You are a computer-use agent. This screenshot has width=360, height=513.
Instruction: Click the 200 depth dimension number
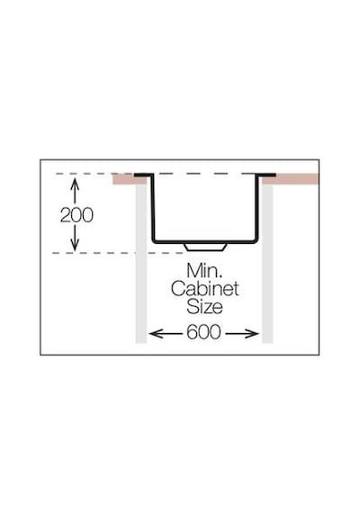pyautogui.click(x=76, y=215)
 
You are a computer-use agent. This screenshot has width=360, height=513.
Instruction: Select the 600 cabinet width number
pyautogui.click(x=203, y=332)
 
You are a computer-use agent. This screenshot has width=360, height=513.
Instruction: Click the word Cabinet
pyautogui.click(x=205, y=289)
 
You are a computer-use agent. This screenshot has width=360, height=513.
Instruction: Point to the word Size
pyautogui.click(x=204, y=307)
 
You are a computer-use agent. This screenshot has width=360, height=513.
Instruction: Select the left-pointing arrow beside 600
pyautogui.click(x=166, y=334)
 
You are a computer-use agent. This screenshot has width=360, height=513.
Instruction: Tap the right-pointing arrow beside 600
pyautogui.click(x=242, y=334)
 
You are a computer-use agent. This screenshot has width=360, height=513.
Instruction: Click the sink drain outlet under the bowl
pyautogui.click(x=205, y=247)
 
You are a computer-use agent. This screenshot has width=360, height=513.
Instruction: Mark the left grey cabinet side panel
pyautogui.click(x=141, y=264)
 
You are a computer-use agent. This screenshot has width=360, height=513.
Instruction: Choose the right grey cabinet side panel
pyautogui.click(x=267, y=264)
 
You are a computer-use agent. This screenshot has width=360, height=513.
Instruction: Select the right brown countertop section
pyautogui.click(x=291, y=179)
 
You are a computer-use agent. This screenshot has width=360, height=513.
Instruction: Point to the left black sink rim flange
pyautogui.click(x=143, y=175)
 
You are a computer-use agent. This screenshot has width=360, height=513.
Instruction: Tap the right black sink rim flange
pyautogui.click(x=266, y=175)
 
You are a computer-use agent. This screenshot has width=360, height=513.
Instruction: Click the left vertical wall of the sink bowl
pyautogui.click(x=152, y=208)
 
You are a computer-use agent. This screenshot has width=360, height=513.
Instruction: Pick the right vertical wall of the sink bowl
pyautogui.click(x=258, y=208)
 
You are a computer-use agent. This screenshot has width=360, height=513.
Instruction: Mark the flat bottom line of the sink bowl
pyautogui.click(x=205, y=242)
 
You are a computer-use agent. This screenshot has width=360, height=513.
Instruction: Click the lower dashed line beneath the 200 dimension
pyautogui.click(x=118, y=253)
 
